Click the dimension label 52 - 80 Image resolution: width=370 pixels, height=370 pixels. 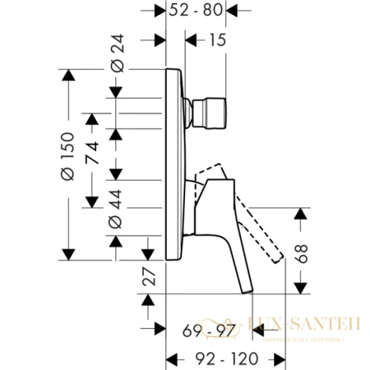[x=197, y=11]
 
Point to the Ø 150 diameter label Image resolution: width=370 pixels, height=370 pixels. [x=67, y=161]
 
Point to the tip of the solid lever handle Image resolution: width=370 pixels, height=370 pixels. [x=246, y=289]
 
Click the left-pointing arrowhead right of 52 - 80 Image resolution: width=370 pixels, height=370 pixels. [x=232, y=12]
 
